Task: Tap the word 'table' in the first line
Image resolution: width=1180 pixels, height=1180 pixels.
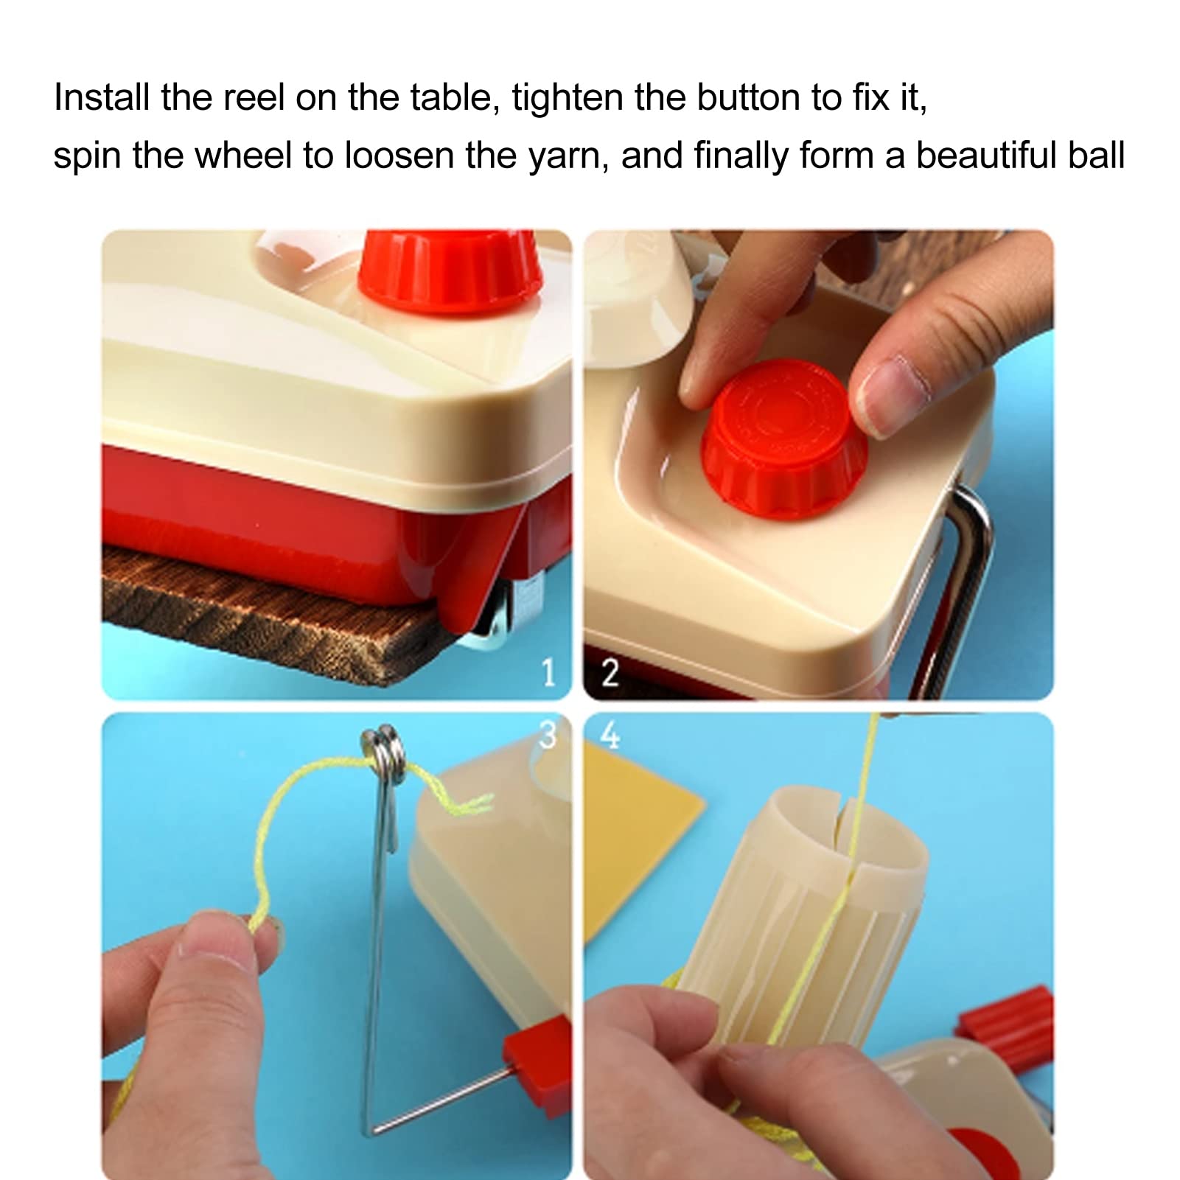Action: click(x=453, y=97)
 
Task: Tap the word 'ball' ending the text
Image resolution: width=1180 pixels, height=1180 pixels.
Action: click(x=1096, y=156)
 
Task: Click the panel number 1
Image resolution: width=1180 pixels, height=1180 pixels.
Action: click(x=548, y=672)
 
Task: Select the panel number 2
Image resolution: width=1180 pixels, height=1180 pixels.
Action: click(x=610, y=672)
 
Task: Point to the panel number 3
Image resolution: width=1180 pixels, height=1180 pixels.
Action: click(x=548, y=735)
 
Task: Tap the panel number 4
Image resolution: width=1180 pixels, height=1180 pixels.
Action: click(x=610, y=735)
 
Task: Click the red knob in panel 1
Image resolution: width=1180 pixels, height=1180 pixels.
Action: click(x=450, y=269)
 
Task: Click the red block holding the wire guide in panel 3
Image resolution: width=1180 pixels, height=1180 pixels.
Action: click(x=538, y=1054)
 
